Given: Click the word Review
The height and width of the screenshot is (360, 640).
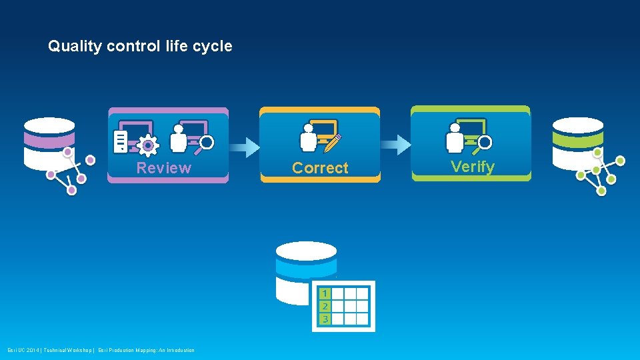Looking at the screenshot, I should (163, 168).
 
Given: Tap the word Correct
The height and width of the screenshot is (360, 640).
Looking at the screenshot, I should (320, 168).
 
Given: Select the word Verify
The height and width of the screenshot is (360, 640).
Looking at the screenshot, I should (473, 167).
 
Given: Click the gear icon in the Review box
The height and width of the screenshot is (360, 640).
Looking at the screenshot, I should (147, 144).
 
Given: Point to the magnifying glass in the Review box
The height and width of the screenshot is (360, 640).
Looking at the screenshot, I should (206, 143).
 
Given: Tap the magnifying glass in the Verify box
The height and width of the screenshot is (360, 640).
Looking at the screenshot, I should (484, 143).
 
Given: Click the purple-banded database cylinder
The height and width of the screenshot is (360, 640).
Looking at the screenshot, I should (49, 143).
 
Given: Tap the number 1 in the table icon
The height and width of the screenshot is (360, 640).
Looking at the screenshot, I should (324, 293).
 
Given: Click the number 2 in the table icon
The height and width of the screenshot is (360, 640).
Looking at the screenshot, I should (324, 306).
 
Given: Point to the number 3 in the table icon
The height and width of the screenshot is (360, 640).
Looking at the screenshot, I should (324, 319).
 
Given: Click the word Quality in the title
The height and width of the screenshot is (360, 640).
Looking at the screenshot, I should (75, 47).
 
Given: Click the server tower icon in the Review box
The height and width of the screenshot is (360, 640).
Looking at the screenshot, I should (121, 141).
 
